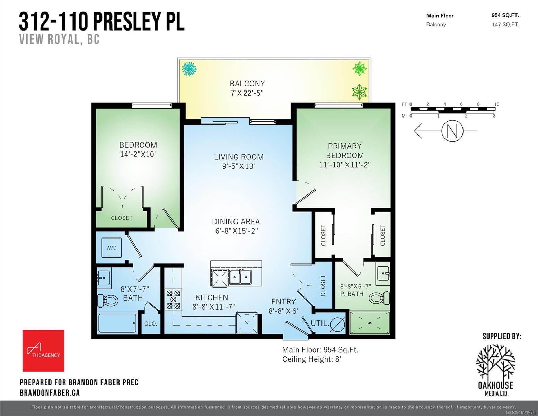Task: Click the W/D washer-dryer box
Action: click(x=111, y=248)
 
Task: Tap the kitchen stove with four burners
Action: click(x=173, y=299)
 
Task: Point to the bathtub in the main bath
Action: click(x=117, y=323)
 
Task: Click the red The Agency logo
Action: click(x=43, y=350)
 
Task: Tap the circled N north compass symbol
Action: click(x=452, y=131)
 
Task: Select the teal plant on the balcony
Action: click(x=189, y=69)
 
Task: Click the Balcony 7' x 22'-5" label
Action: click(x=247, y=88)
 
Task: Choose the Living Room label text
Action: click(x=239, y=157)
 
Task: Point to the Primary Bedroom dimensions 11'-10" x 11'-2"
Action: click(x=345, y=165)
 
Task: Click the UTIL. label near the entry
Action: click(x=319, y=323)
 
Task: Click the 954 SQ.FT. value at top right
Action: click(x=505, y=15)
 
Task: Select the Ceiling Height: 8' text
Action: click(x=311, y=359)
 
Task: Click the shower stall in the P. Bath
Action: click(x=370, y=323)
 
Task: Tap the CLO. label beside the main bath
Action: click(x=151, y=323)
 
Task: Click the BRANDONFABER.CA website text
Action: click(x=50, y=392)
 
